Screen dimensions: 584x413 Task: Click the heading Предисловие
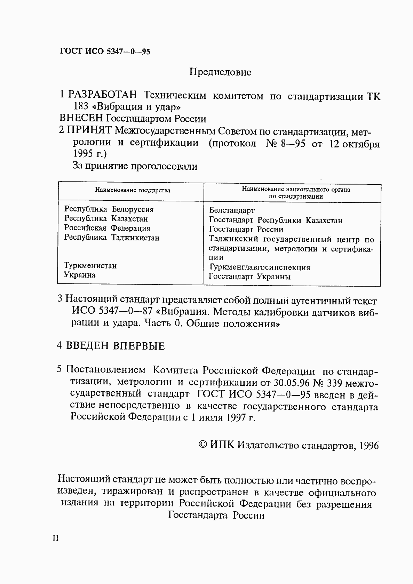click(x=220, y=72)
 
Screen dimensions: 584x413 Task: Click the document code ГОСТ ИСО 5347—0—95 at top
click(x=105, y=51)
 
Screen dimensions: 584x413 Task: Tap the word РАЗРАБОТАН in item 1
click(x=103, y=95)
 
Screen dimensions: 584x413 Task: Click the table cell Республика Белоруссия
click(x=109, y=209)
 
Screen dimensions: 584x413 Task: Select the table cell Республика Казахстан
click(x=106, y=219)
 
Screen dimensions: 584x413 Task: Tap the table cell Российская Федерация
click(x=107, y=228)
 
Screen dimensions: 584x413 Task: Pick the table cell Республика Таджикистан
click(x=112, y=238)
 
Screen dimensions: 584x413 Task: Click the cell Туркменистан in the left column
click(x=90, y=266)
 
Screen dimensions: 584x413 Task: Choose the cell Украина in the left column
click(x=80, y=275)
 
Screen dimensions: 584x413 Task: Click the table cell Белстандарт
click(x=232, y=210)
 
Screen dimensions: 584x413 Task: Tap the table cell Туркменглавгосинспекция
click(x=259, y=267)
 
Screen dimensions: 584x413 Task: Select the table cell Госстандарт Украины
click(x=249, y=277)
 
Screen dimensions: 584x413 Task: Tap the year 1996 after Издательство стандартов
click(x=370, y=446)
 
